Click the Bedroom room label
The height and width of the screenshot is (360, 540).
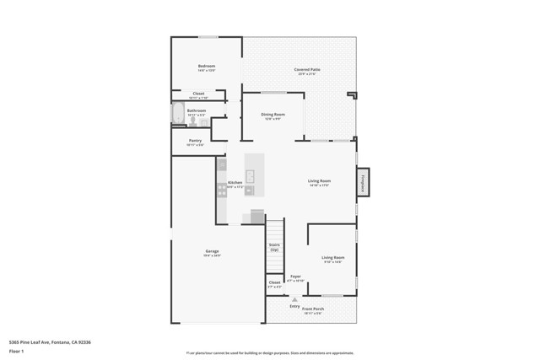pos(207,67)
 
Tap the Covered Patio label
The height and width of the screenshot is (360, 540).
pos(307,70)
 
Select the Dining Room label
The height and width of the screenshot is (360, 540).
pos(273,115)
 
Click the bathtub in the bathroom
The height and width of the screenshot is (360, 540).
pos(176,115)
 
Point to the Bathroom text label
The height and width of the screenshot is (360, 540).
pos(197,110)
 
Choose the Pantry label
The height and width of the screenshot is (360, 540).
pos(195,141)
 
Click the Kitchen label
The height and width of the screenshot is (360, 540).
pos(235,183)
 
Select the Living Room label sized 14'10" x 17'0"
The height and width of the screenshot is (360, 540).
pos(318,181)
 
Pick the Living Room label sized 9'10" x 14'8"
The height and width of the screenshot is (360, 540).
pos(332,258)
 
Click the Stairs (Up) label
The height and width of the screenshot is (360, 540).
pos(274,246)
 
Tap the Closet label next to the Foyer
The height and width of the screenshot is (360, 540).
pos(274,283)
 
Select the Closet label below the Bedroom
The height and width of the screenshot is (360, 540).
pos(198,94)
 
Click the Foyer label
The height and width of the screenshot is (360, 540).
pos(295,277)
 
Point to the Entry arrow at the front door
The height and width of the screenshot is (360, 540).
pos(294,298)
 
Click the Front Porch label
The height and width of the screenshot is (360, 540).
pos(313,309)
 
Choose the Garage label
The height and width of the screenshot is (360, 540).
pos(212,252)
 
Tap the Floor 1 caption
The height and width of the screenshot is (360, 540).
pos(17,351)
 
